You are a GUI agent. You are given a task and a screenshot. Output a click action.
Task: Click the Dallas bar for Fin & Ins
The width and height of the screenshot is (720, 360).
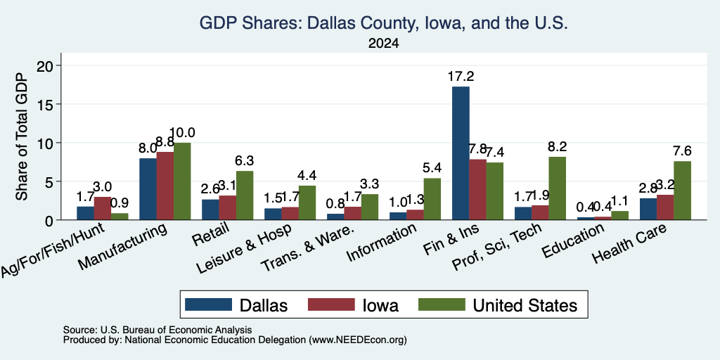461,153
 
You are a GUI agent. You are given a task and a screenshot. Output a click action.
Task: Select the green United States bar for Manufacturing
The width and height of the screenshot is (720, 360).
182,181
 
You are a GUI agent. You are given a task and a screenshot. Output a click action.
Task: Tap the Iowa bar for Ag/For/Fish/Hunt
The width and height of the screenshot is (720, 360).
103,208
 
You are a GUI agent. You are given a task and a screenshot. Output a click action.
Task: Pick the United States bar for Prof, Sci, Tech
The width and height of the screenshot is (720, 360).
557,188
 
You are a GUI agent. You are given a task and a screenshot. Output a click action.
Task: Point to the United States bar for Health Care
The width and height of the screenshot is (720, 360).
682,191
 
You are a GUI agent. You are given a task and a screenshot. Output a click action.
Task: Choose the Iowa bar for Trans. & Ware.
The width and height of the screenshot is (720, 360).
353,213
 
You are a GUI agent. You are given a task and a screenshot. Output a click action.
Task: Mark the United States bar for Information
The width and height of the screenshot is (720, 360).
432,199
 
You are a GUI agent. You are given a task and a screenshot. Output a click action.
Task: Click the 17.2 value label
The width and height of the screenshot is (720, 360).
461,76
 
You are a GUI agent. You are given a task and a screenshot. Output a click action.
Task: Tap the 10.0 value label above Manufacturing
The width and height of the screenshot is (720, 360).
182,133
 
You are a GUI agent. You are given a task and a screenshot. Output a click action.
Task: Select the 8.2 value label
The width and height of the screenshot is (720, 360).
558,146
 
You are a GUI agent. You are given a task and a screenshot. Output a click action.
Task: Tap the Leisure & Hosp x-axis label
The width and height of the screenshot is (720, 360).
243,250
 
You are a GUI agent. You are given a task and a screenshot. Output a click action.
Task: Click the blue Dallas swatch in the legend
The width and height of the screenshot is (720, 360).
208,304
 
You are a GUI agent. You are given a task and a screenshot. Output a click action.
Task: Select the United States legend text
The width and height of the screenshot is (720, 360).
525,305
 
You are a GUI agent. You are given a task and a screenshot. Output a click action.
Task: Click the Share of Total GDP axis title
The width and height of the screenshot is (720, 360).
22,136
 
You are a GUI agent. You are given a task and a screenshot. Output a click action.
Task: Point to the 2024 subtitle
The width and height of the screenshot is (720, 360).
383,44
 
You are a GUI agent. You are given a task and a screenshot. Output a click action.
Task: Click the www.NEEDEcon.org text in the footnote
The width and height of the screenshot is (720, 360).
358,340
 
